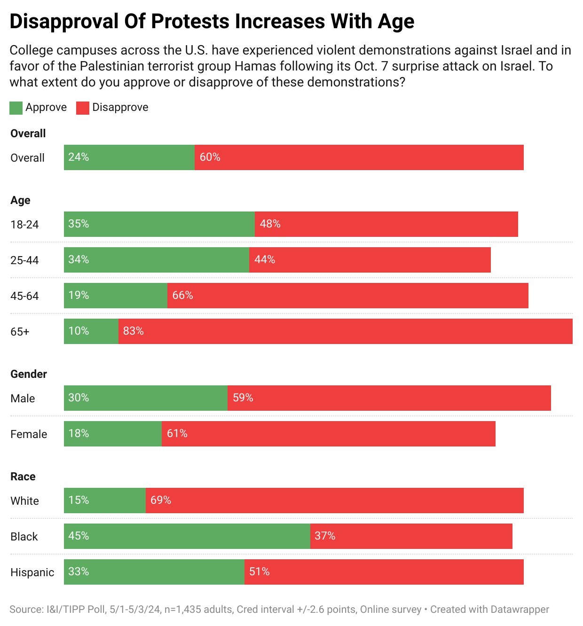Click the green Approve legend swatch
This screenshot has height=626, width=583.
click(x=16, y=108)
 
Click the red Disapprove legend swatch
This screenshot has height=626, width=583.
click(x=83, y=108)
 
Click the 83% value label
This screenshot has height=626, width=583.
click(x=134, y=331)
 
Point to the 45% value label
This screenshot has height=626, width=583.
click(x=79, y=536)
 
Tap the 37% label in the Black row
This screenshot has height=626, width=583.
click(x=325, y=536)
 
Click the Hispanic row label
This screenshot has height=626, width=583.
click(x=32, y=572)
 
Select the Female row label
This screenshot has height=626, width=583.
click(x=29, y=434)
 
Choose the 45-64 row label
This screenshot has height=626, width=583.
click(x=24, y=296)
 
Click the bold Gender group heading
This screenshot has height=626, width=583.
click(x=29, y=374)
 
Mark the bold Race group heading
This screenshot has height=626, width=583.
click(x=23, y=477)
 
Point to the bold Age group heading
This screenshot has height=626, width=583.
click(x=20, y=200)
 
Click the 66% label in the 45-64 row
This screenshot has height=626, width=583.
click(x=182, y=296)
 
